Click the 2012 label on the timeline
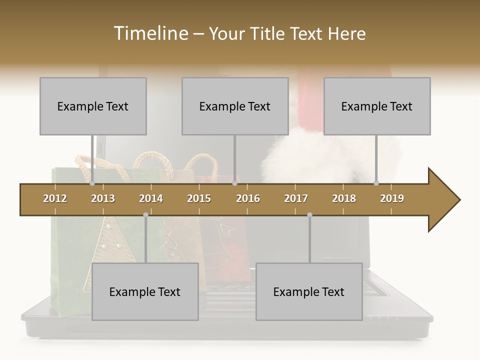(x=55, y=198)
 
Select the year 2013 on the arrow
(x=103, y=198)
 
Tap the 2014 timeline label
(x=151, y=198)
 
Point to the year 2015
(x=199, y=198)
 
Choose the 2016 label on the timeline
(x=248, y=198)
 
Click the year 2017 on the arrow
(x=296, y=198)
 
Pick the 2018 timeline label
(x=344, y=198)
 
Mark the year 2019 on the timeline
(x=392, y=198)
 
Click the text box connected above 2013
(x=93, y=106)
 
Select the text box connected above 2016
(x=235, y=106)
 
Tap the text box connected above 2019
(x=377, y=106)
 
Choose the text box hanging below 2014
(x=145, y=291)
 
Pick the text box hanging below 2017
(x=309, y=291)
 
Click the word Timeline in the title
(x=149, y=33)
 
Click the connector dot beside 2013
(x=92, y=183)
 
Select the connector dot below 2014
(x=145, y=215)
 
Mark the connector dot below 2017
(x=309, y=215)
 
